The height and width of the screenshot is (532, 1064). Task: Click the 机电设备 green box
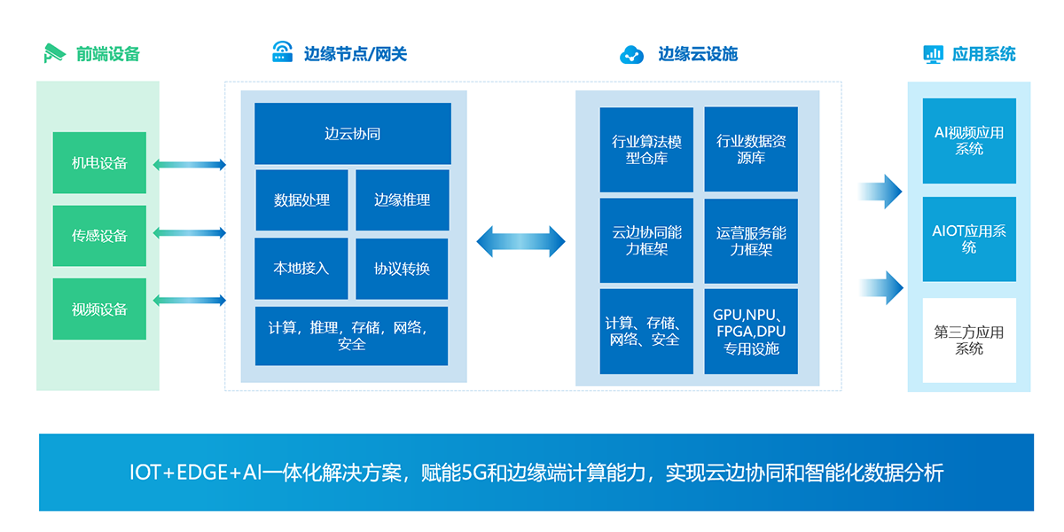tap(99, 163)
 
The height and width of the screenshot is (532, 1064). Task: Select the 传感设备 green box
tap(99, 236)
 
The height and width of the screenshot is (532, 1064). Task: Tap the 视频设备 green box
tap(99, 309)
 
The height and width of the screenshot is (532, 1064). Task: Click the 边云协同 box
tap(352, 134)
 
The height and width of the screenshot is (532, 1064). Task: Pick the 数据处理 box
tap(301, 200)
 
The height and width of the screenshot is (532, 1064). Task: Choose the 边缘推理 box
tap(403, 200)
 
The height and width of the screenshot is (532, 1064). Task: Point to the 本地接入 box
tap(301, 268)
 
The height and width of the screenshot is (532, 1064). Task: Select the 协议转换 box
tap(403, 269)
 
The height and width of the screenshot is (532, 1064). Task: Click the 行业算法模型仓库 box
tap(646, 150)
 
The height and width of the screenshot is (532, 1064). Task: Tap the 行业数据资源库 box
tap(751, 150)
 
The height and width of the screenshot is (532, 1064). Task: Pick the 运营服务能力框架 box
tap(751, 241)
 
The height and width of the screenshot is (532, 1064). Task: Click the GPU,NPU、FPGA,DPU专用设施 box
tap(751, 332)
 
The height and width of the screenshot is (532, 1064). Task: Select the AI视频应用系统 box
tap(969, 141)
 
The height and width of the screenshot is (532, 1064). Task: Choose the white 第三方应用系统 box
tap(969, 340)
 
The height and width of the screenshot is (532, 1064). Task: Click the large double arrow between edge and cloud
tap(521, 241)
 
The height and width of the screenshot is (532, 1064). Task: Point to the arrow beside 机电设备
tap(189, 165)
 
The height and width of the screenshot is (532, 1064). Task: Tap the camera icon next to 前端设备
tap(55, 53)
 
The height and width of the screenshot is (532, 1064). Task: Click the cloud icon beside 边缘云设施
tap(631, 55)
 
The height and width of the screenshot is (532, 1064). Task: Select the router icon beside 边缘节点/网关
tap(283, 51)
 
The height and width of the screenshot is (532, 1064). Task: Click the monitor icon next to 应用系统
tap(933, 54)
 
